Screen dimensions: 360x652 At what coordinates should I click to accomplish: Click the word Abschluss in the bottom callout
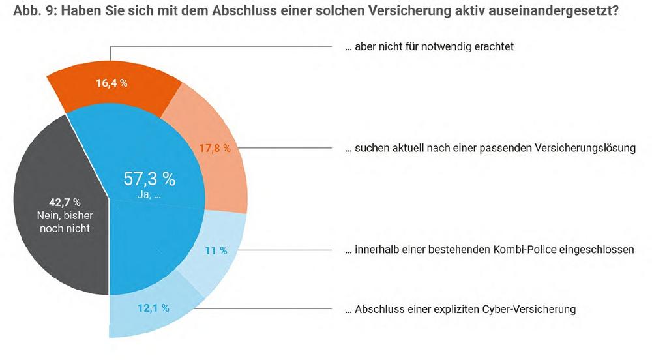377,309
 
